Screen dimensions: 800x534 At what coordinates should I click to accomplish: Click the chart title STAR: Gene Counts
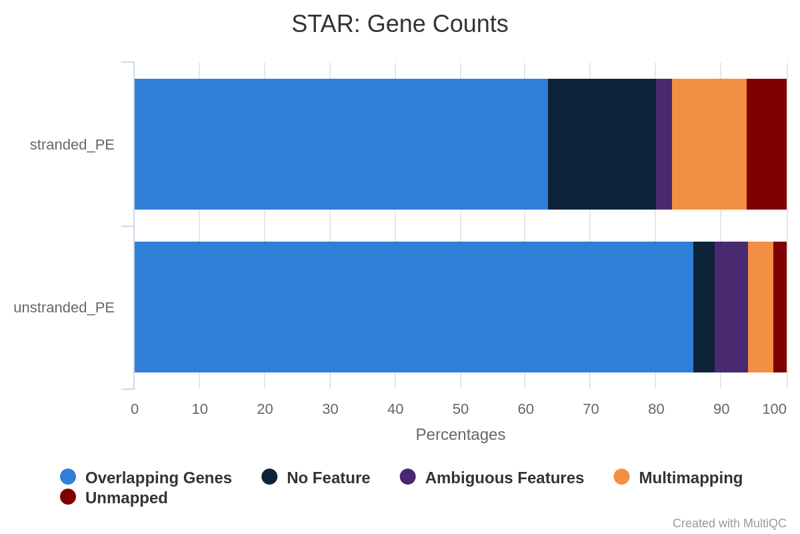pyautogui.click(x=399, y=24)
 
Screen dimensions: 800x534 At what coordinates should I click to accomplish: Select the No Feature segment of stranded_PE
pyautogui.click(x=602, y=144)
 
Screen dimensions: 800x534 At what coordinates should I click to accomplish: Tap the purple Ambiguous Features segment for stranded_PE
pyautogui.click(x=664, y=144)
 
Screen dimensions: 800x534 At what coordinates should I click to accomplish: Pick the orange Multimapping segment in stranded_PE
pyautogui.click(x=709, y=144)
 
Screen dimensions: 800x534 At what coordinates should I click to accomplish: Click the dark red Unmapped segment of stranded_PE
pyautogui.click(x=767, y=144)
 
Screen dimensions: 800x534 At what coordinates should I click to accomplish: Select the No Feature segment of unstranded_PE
pyautogui.click(x=704, y=307)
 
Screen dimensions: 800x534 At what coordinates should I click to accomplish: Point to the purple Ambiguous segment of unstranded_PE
pyautogui.click(x=731, y=307)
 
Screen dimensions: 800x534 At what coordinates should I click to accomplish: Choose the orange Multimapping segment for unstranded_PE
pyautogui.click(x=761, y=307)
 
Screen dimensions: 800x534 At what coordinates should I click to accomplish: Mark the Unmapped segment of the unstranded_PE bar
pyautogui.click(x=780, y=307)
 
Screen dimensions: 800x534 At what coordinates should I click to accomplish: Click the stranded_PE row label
pyautogui.click(x=72, y=145)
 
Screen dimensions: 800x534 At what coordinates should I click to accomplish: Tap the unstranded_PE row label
pyautogui.click(x=64, y=308)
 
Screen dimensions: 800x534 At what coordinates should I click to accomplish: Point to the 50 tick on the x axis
pyautogui.click(x=461, y=409)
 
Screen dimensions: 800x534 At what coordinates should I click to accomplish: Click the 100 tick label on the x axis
pyautogui.click(x=774, y=409)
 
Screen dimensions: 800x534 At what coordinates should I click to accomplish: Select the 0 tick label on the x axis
pyautogui.click(x=134, y=409)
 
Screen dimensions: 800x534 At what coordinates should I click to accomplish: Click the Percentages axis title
pyautogui.click(x=461, y=435)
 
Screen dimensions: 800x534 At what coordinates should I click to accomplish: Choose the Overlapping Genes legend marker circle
pyautogui.click(x=68, y=477)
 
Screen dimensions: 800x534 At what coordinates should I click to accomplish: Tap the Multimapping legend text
pyautogui.click(x=691, y=478)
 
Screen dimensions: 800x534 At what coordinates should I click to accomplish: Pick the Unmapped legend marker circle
pyautogui.click(x=68, y=497)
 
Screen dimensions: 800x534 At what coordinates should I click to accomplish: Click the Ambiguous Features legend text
pyautogui.click(x=504, y=478)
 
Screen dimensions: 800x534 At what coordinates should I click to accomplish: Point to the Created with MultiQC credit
pyautogui.click(x=729, y=523)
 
